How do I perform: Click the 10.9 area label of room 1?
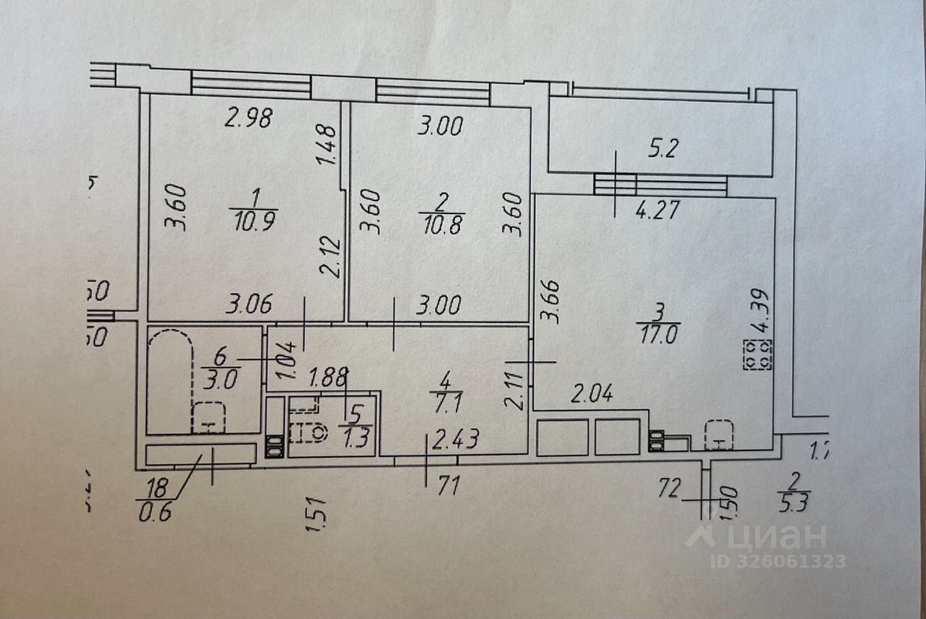[x=248, y=220]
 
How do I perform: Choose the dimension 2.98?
[x=248, y=118]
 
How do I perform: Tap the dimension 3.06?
[x=249, y=305]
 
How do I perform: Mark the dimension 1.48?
[x=327, y=145]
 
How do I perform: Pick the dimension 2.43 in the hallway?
[x=454, y=440]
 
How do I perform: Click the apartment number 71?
[x=449, y=486]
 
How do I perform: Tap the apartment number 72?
[x=670, y=489]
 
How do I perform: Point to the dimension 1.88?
[x=327, y=377]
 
